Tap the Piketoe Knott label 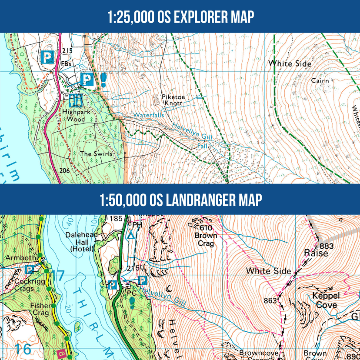(172, 100)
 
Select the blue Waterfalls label (148, 115)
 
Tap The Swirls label (96, 154)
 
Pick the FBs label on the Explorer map (66, 64)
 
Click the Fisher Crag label (40, 309)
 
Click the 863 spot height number (270, 300)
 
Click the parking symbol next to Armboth (30, 270)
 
